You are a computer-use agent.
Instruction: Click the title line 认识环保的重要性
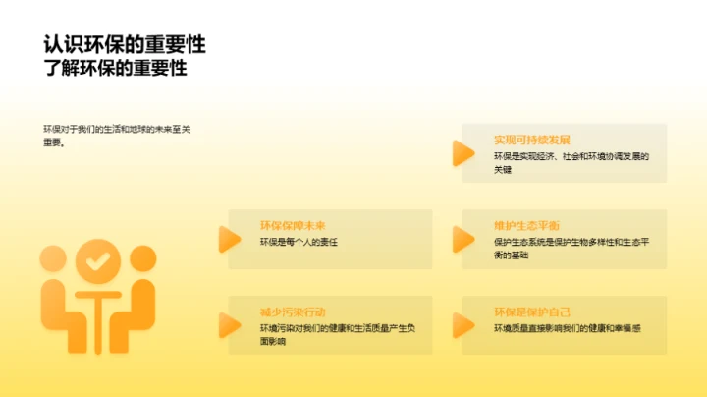(x=124, y=45)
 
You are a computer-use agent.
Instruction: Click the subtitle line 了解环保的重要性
(x=115, y=68)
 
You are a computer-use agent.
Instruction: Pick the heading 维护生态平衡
(x=527, y=225)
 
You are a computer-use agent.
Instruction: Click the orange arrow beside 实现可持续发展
(x=462, y=153)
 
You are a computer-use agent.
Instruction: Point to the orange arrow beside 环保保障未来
(x=229, y=239)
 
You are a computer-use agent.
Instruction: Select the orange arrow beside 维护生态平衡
(x=462, y=239)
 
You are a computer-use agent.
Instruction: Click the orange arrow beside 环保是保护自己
(x=462, y=324)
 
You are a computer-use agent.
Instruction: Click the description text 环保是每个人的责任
(x=299, y=242)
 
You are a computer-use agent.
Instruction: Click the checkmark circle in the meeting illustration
(x=95, y=261)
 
